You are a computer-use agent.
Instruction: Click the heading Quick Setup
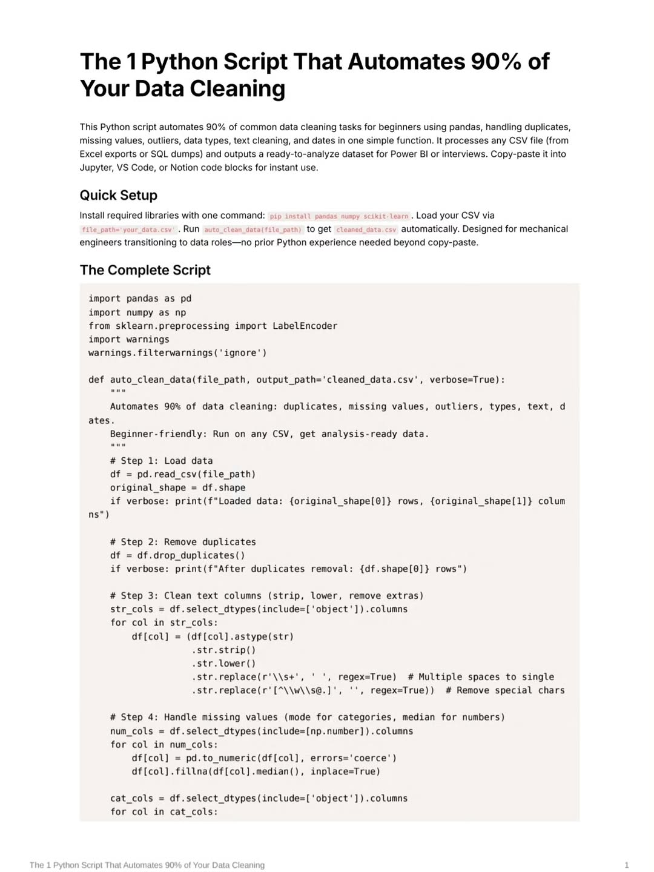pyautogui.click(x=119, y=195)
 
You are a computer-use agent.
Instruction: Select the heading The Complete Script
pyautogui.click(x=145, y=270)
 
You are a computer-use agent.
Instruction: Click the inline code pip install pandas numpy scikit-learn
pyautogui.click(x=339, y=216)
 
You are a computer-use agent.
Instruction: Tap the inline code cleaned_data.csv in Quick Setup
pyautogui.click(x=366, y=230)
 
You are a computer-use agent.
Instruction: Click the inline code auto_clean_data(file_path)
pyautogui.click(x=253, y=230)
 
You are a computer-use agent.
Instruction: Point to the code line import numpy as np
pyautogui.click(x=137, y=312)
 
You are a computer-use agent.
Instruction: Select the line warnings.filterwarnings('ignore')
pyautogui.click(x=177, y=352)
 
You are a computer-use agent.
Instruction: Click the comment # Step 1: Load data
pyautogui.click(x=161, y=461)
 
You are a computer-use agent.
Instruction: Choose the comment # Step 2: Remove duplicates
pyautogui.click(x=183, y=542)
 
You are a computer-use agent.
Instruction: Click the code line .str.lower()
pyautogui.click(x=224, y=663)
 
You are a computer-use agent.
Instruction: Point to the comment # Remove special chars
pyautogui.click(x=505, y=690)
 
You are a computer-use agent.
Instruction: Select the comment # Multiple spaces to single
pyautogui.click(x=481, y=677)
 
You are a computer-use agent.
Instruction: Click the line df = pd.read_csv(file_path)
pyautogui.click(x=183, y=474)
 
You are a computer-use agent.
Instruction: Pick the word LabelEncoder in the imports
pyautogui.click(x=305, y=326)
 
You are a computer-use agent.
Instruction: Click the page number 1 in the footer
pyautogui.click(x=627, y=865)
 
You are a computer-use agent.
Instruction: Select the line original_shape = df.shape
pyautogui.click(x=177, y=487)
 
